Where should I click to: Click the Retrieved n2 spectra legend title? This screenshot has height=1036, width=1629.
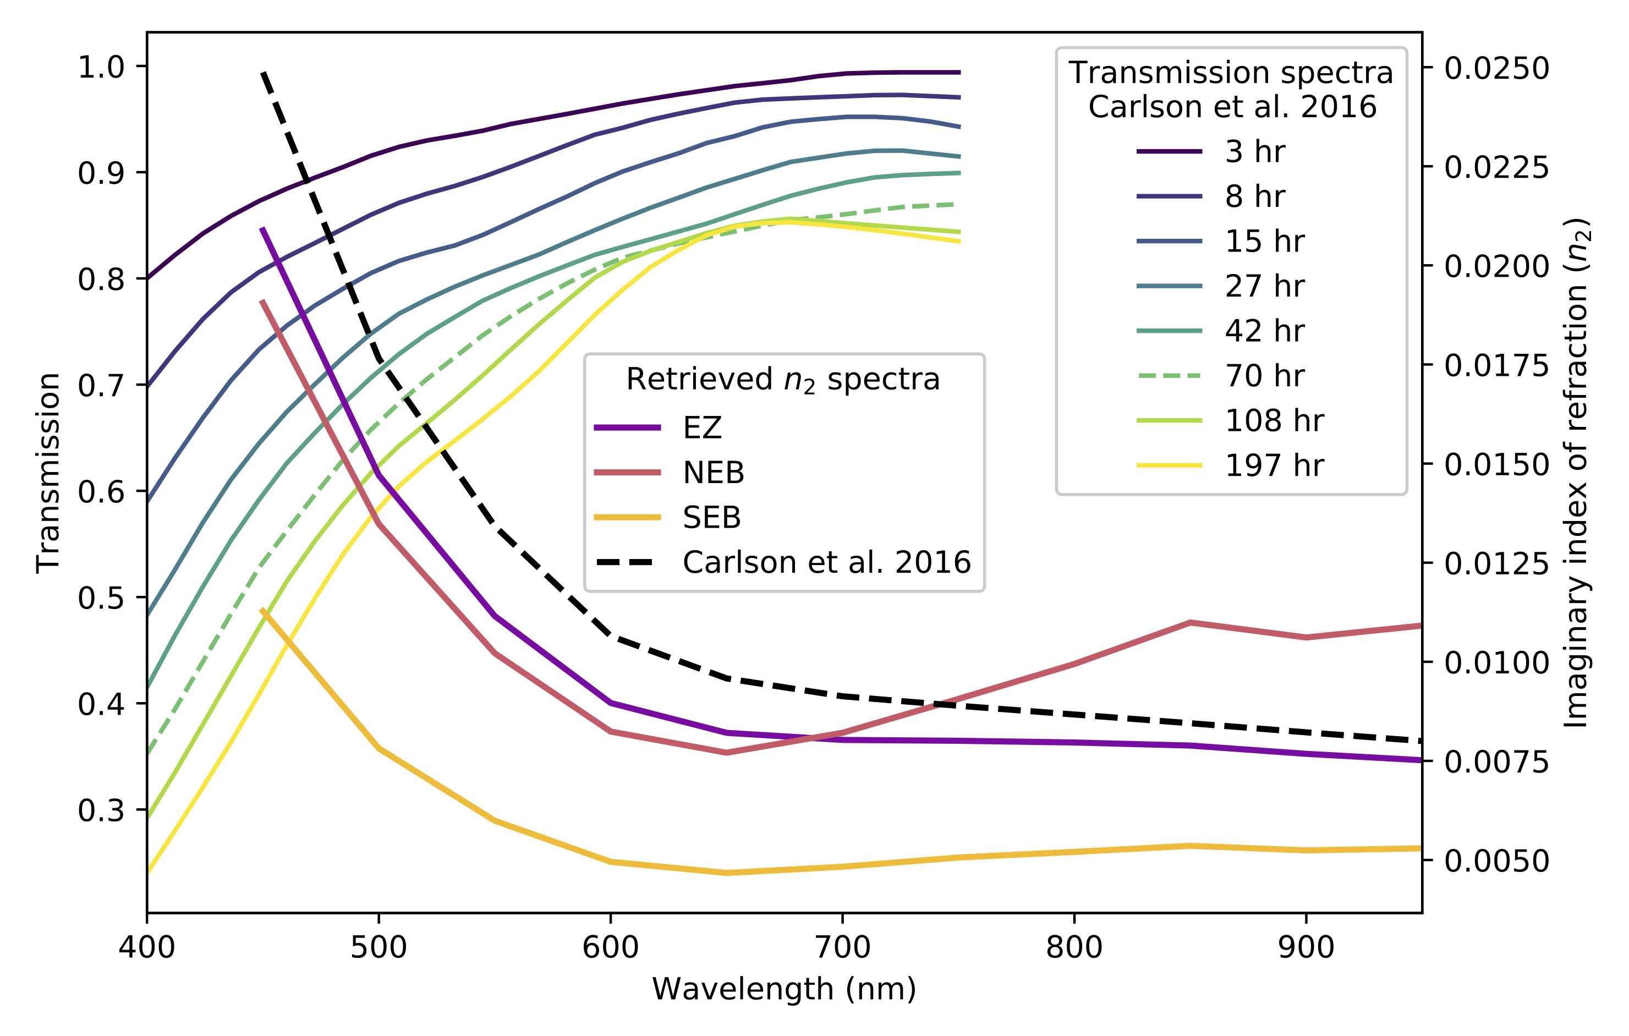[x=783, y=380]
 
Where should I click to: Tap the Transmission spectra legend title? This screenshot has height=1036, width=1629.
[x=1231, y=89]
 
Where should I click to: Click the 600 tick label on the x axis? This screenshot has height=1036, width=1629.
[x=610, y=947]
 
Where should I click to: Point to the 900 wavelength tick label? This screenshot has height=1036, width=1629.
[x=1306, y=947]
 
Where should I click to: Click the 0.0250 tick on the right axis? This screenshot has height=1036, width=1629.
[x=1496, y=68]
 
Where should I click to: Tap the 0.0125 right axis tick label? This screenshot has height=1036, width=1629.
[x=1496, y=564]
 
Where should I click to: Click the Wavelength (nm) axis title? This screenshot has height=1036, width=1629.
[x=784, y=989]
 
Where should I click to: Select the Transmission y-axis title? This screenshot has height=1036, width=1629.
[x=49, y=472]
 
